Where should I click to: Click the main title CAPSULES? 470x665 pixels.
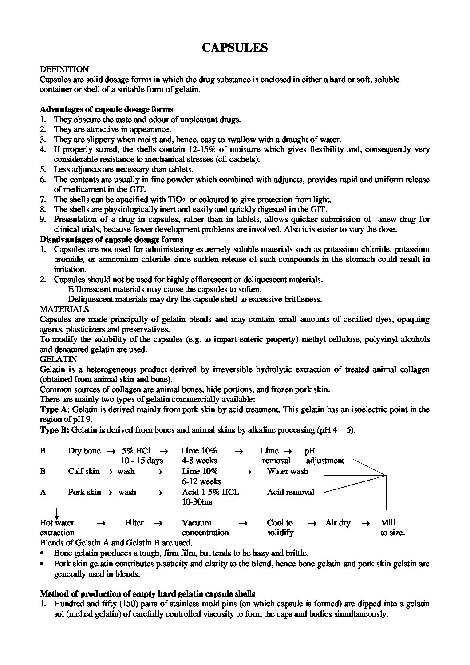coord(235,48)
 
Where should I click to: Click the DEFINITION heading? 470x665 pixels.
coord(64,69)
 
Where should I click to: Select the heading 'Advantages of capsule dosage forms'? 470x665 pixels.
coord(107,109)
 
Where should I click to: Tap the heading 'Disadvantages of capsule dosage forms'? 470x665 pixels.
coord(111,240)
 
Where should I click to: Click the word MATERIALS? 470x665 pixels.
coord(64,309)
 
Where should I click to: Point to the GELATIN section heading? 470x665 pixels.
coord(58,359)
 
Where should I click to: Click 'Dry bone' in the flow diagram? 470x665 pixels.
coord(84,451)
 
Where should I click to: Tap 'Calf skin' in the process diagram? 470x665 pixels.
coord(84,471)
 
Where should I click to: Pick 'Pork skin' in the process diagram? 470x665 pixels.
coord(84,492)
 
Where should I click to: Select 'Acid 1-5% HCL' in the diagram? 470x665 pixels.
coord(210,492)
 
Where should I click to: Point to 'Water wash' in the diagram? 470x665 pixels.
coord(288,471)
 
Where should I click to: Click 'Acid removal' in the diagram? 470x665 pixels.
coord(290,492)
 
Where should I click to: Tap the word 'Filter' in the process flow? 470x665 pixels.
coord(134,523)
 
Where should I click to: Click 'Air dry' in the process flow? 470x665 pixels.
coord(338,523)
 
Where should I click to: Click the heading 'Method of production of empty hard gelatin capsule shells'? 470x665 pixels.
coord(147,594)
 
